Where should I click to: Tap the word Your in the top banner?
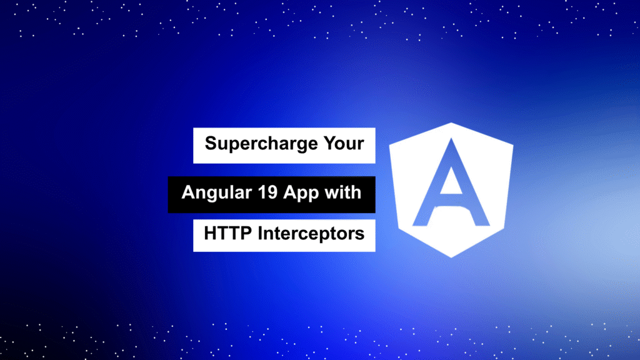(x=344, y=143)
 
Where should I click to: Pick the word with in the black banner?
(x=343, y=192)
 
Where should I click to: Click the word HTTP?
(x=227, y=234)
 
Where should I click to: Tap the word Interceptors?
(x=311, y=234)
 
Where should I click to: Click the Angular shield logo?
(x=451, y=190)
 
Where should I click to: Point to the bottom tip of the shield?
(x=451, y=257)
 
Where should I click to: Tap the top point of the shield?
(x=451, y=123)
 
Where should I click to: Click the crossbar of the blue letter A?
(x=451, y=201)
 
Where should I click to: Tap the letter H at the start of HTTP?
(x=211, y=234)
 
